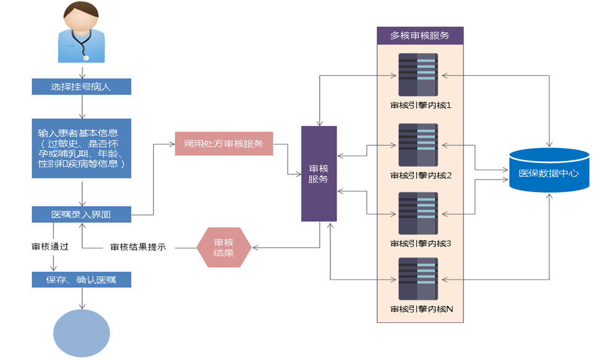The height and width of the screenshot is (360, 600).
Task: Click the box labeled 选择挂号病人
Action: click(x=81, y=86)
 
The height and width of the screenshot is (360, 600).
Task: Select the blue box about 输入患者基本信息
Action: click(x=81, y=148)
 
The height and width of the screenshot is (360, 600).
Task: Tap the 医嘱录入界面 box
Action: click(x=81, y=215)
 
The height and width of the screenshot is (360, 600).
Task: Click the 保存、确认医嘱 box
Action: click(x=81, y=280)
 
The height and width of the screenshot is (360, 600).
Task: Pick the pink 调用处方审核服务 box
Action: click(x=223, y=144)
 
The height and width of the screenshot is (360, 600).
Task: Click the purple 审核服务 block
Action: click(x=319, y=174)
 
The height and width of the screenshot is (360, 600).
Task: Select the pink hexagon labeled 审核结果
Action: click(x=223, y=247)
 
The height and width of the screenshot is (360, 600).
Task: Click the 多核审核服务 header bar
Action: click(x=420, y=36)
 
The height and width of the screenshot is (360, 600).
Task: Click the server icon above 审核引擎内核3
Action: click(x=418, y=214)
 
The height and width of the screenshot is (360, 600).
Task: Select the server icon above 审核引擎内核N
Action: click(x=418, y=278)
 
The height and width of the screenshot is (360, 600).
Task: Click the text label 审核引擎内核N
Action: click(x=422, y=308)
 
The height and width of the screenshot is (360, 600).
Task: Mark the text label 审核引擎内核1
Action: click(x=421, y=105)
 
